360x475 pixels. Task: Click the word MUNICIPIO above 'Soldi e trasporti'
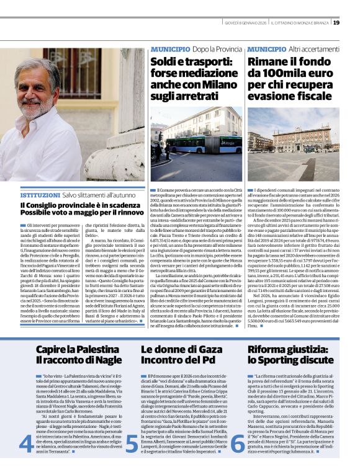point(170,48)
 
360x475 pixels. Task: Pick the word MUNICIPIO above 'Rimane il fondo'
point(268,48)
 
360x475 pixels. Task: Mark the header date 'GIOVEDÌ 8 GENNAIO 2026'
point(245,23)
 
